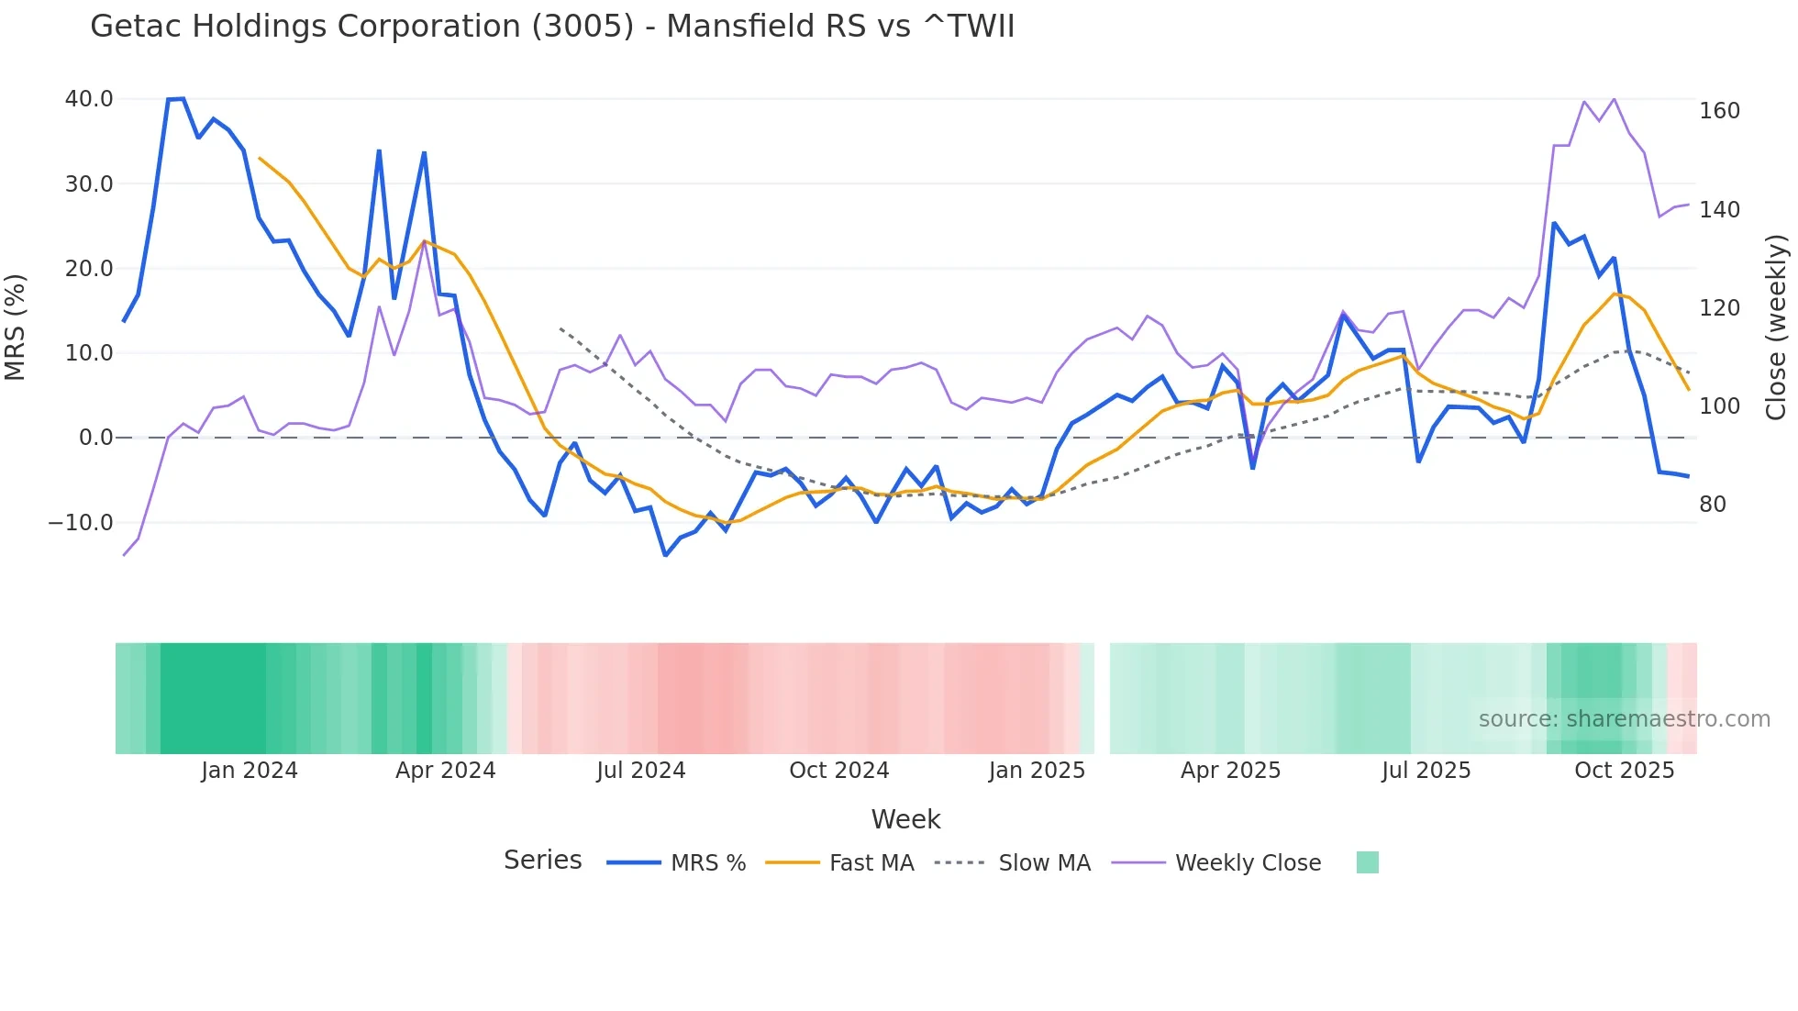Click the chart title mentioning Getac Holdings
tap(552, 27)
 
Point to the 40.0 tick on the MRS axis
tap(89, 99)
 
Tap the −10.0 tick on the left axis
tap(81, 523)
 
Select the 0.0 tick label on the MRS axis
tap(96, 438)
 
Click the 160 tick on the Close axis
tap(1719, 111)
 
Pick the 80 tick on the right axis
tap(1713, 505)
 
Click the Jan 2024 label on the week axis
tap(250, 771)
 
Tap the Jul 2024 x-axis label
tap(641, 771)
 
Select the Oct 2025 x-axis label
tap(1625, 771)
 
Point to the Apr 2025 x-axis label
tap(1230, 771)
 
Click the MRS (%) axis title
tap(16, 327)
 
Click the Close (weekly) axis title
tap(1777, 328)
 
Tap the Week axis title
tap(905, 819)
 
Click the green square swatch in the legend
tap(1367, 862)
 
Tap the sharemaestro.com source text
tap(1624, 719)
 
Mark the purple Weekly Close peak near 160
tap(1614, 99)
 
